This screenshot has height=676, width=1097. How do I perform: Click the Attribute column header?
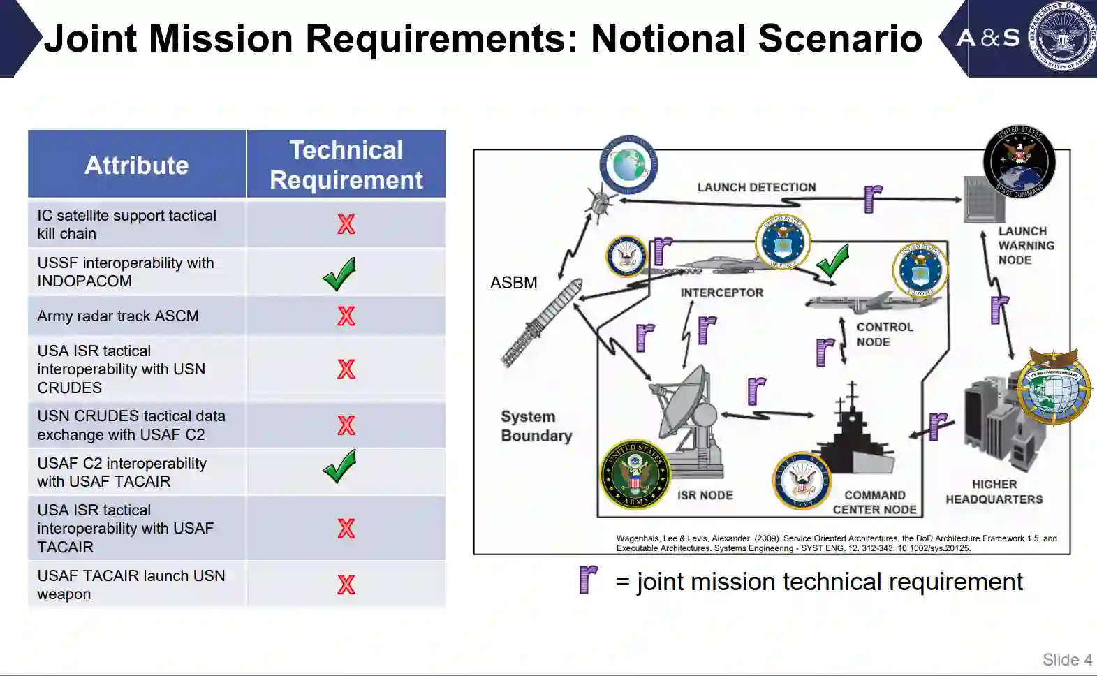point(137,165)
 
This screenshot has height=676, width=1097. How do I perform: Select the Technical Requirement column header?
point(346,165)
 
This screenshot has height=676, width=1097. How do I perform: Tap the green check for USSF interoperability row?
point(340,274)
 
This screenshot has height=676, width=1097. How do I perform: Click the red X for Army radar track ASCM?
point(346,316)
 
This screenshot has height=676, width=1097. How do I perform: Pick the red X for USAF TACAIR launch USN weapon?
point(346,585)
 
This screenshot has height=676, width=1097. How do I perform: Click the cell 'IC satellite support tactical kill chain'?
point(127,225)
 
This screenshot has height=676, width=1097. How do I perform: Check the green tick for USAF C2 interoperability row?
point(340,466)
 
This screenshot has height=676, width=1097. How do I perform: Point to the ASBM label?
point(514,283)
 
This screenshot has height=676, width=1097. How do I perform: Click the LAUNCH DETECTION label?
point(756,187)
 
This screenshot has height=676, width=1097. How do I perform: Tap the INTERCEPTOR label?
point(722,293)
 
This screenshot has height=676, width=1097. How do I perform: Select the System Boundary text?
point(536,426)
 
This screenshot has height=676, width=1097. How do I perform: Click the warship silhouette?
point(855,440)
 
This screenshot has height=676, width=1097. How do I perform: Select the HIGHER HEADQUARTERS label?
point(994,492)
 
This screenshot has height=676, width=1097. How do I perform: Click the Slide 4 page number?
point(1067,660)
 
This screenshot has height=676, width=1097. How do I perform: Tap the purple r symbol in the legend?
point(589,580)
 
